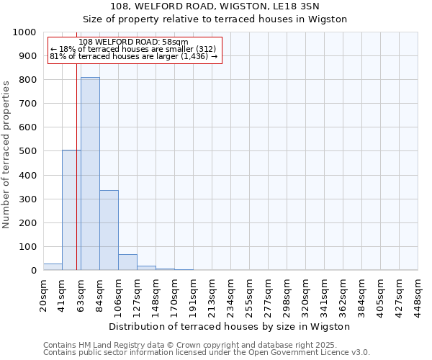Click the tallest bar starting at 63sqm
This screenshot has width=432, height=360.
point(90,174)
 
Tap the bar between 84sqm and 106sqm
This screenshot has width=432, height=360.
point(109,230)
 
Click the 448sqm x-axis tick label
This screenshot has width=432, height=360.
point(418,295)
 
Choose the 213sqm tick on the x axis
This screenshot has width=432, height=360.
point(212,295)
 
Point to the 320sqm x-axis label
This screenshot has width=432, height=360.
point(306,295)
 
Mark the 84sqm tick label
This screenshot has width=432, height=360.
point(100,295)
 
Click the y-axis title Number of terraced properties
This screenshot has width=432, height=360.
point(7,154)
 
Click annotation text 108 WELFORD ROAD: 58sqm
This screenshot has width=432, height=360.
point(133,42)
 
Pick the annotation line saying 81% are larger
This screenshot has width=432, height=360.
point(133,56)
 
